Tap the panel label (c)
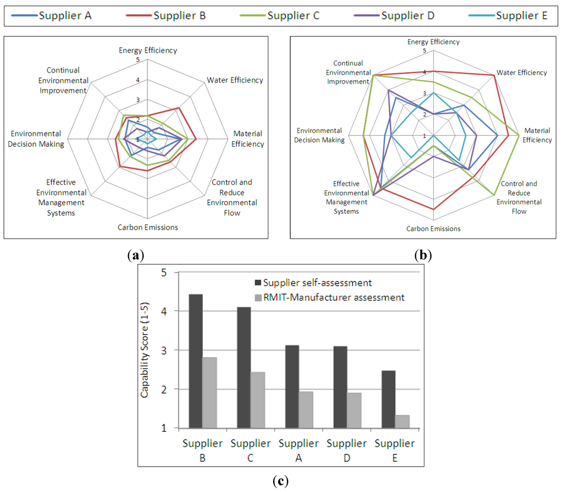tap(280, 481)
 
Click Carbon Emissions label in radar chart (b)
tap(433, 229)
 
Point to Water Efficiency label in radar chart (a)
tap(235, 80)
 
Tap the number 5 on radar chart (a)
tap(138, 60)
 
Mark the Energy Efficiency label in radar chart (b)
tap(433, 42)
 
